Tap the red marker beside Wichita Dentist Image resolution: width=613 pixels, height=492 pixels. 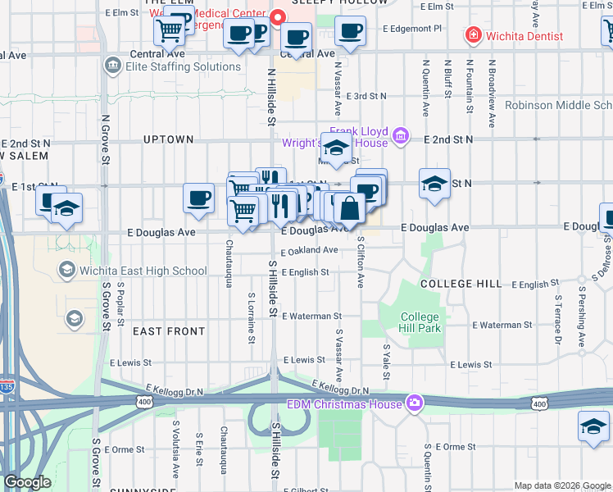(472, 35)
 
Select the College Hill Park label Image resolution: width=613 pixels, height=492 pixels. (420, 322)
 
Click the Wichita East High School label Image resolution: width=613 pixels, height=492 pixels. (143, 271)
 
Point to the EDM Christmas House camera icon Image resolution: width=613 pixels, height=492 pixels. (415, 403)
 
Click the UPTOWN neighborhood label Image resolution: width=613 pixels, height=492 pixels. (168, 139)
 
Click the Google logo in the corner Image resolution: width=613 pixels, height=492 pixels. (27, 482)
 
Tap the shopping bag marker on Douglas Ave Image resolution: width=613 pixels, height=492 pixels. (349, 209)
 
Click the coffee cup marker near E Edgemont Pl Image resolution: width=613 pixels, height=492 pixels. (350, 32)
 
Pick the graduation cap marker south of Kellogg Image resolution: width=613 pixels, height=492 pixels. (593, 427)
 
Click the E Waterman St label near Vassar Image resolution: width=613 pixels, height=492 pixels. (311, 316)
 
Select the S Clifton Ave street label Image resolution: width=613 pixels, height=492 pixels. (360, 262)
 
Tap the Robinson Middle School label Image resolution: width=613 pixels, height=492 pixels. (558, 105)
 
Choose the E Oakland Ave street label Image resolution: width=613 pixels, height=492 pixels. (309, 250)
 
